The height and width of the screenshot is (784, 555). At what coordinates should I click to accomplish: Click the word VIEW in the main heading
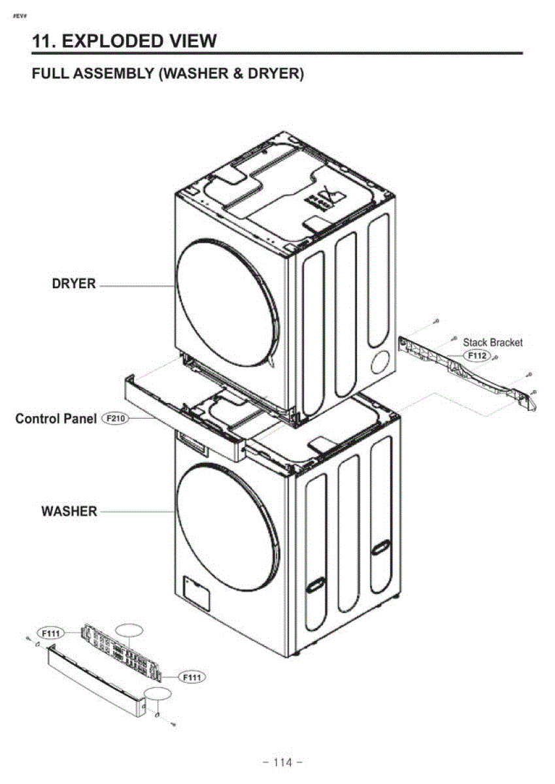click(193, 41)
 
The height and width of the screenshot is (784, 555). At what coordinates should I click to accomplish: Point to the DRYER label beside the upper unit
click(73, 284)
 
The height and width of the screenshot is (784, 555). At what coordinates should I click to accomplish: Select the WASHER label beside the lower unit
click(69, 512)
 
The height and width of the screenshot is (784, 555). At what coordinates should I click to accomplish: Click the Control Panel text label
click(56, 419)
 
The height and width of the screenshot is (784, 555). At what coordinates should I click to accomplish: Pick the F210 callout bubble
click(115, 418)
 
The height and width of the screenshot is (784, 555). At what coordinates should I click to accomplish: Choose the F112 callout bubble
click(477, 355)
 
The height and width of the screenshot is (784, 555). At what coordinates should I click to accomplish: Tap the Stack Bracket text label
click(493, 342)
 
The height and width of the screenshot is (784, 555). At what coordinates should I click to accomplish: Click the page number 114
click(282, 762)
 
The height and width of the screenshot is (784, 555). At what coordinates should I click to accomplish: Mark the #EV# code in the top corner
click(20, 16)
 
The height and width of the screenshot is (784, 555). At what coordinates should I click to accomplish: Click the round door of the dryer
click(227, 303)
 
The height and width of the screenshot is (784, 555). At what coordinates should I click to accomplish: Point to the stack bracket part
click(467, 374)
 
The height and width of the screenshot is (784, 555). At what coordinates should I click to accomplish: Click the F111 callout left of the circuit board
click(51, 633)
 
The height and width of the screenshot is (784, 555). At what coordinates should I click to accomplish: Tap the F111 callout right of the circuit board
click(192, 678)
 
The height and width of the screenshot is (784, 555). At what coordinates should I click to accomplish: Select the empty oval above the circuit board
click(129, 630)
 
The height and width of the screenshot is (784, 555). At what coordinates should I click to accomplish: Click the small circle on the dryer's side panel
click(380, 362)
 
